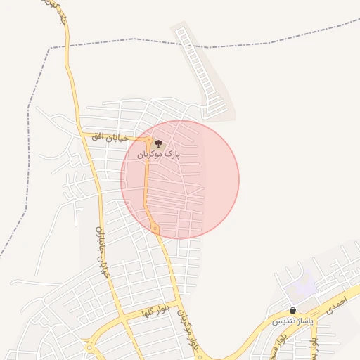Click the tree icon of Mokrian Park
click(x=159, y=143)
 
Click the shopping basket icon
click(x=292, y=310)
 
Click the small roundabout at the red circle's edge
click(x=154, y=228)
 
